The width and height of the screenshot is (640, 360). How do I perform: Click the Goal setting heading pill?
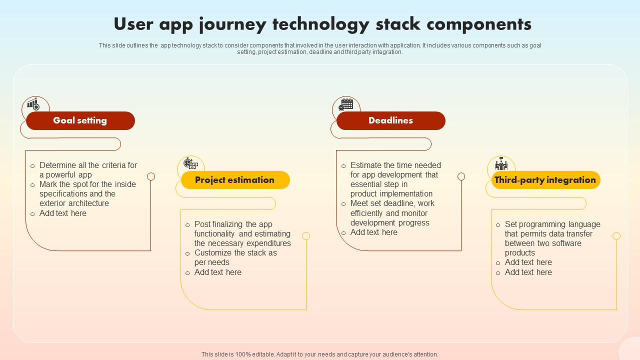80,120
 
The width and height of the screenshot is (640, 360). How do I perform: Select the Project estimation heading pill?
235,180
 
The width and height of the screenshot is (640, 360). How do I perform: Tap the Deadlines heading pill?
390,120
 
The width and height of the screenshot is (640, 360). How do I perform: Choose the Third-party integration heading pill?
545,180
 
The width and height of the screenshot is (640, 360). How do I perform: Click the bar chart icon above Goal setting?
33,104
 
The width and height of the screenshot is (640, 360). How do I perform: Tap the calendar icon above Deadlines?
345,104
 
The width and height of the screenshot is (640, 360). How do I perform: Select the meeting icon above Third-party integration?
501,163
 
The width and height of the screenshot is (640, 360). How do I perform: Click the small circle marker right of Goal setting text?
151,176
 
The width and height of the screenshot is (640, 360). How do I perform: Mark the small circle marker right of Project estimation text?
306,236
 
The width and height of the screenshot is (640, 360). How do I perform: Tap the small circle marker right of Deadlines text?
461,176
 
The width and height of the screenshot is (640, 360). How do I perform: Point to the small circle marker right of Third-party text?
616,236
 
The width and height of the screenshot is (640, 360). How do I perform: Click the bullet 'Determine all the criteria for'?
88,165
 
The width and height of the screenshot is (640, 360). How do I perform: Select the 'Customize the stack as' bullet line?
235,253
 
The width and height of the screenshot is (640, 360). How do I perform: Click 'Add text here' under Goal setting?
63,213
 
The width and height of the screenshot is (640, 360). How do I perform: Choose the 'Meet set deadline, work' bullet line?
392,203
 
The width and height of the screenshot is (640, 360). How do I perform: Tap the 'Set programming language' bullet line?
552,224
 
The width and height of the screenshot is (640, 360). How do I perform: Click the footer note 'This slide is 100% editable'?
320,354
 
